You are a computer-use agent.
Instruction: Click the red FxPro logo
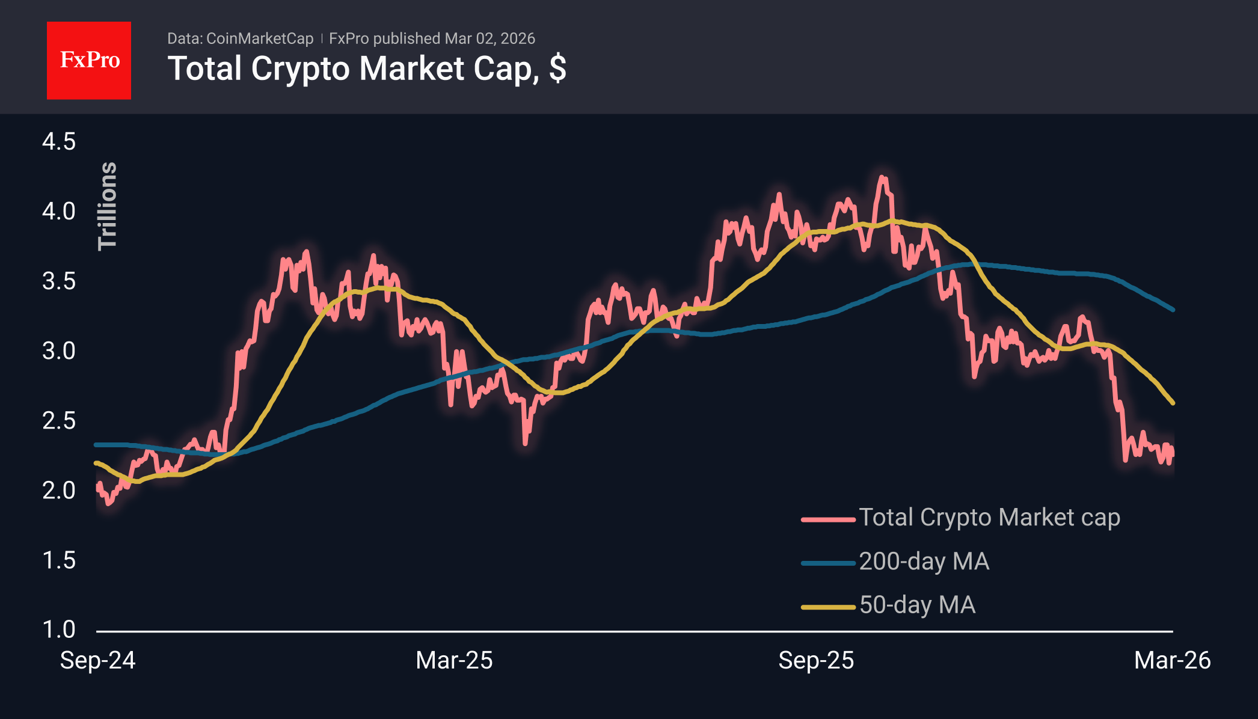click(x=89, y=60)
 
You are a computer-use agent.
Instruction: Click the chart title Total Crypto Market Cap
click(x=366, y=69)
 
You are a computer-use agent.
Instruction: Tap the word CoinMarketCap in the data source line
click(x=259, y=38)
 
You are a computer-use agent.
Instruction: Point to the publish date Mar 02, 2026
click(x=489, y=38)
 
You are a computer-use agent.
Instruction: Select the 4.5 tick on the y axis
click(x=59, y=142)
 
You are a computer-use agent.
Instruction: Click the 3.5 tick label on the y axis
click(x=59, y=281)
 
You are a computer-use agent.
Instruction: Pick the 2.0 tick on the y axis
click(x=59, y=491)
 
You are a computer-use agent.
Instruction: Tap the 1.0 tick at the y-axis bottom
click(x=59, y=629)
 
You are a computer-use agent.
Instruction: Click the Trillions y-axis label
click(x=108, y=206)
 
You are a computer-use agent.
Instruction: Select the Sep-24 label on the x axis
click(x=97, y=660)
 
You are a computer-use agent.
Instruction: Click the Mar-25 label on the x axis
click(x=454, y=660)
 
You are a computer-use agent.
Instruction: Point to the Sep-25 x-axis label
click(x=816, y=660)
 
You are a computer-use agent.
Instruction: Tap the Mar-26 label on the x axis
click(x=1172, y=660)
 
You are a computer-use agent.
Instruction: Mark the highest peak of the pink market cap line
click(x=882, y=177)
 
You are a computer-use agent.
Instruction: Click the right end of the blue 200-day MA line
click(x=1173, y=310)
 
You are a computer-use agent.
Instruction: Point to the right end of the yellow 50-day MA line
click(x=1173, y=403)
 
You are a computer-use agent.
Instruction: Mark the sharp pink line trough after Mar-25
click(x=526, y=443)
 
